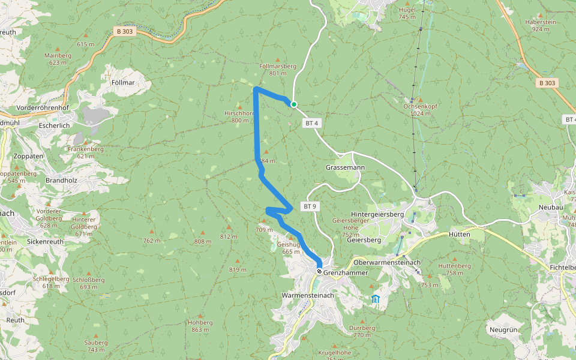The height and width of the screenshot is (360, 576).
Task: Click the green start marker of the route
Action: [294, 104]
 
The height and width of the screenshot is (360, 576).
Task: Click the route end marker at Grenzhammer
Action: [319, 271]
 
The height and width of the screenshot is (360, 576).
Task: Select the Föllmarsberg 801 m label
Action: [278, 70]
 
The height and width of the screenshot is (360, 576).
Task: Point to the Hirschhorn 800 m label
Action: [239, 116]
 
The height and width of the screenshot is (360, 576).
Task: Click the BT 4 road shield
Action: [310, 123]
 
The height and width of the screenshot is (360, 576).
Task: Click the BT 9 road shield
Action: [310, 206]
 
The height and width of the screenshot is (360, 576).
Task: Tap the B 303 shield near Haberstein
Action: [547, 83]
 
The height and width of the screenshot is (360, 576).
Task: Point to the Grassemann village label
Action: [345, 167]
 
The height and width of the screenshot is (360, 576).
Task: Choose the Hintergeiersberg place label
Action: [377, 214]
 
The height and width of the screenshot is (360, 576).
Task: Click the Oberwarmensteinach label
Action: [387, 262]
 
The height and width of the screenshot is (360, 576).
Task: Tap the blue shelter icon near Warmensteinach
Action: [375, 299]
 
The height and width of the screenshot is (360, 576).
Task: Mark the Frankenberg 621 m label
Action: [82, 152]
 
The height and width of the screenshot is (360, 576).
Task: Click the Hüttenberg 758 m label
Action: [454, 269]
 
